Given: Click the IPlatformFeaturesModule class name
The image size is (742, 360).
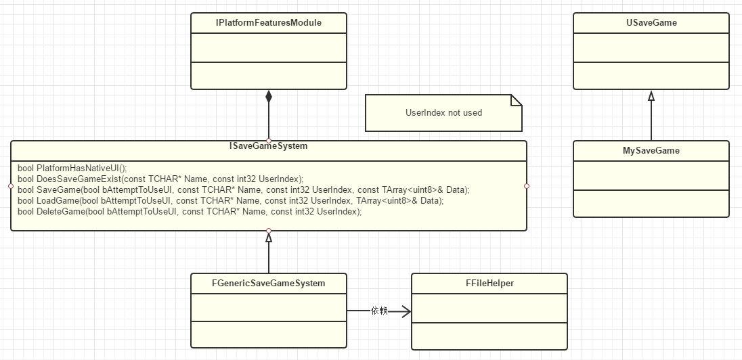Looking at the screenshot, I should pyautogui.click(x=269, y=23).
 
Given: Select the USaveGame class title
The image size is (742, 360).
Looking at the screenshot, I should pyautogui.click(x=651, y=23).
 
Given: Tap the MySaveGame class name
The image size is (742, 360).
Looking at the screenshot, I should pyautogui.click(x=651, y=150).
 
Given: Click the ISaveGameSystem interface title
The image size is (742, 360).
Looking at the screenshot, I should pyautogui.click(x=269, y=146).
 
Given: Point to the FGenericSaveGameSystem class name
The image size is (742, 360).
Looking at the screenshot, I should pyautogui.click(x=269, y=283).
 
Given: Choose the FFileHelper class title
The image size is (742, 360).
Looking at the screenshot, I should pyautogui.click(x=489, y=284).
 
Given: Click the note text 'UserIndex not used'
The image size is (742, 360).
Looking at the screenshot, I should pyautogui.click(x=443, y=112).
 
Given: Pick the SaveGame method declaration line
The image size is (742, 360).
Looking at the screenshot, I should pyautogui.click(x=243, y=189).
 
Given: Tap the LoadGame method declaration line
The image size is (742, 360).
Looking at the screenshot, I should pyautogui.click(x=230, y=201).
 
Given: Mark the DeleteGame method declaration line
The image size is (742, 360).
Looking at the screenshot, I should pyautogui.click(x=190, y=212).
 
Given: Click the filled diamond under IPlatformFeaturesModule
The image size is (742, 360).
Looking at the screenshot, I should pyautogui.click(x=269, y=97).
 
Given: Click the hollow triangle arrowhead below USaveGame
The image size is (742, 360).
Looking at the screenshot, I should pyautogui.click(x=651, y=95).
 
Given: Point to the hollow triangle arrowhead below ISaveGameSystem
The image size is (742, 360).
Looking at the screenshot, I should pyautogui.click(x=269, y=238).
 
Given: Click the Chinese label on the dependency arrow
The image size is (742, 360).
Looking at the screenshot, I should pyautogui.click(x=379, y=311).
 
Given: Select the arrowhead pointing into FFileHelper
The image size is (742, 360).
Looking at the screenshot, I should pyautogui.click(x=406, y=311).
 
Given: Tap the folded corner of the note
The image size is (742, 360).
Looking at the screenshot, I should pyautogui.click(x=517, y=100).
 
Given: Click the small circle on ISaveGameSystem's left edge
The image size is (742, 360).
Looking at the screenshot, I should pyautogui.click(x=11, y=185).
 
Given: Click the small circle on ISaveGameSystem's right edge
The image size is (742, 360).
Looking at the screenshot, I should pyautogui.click(x=527, y=185).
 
